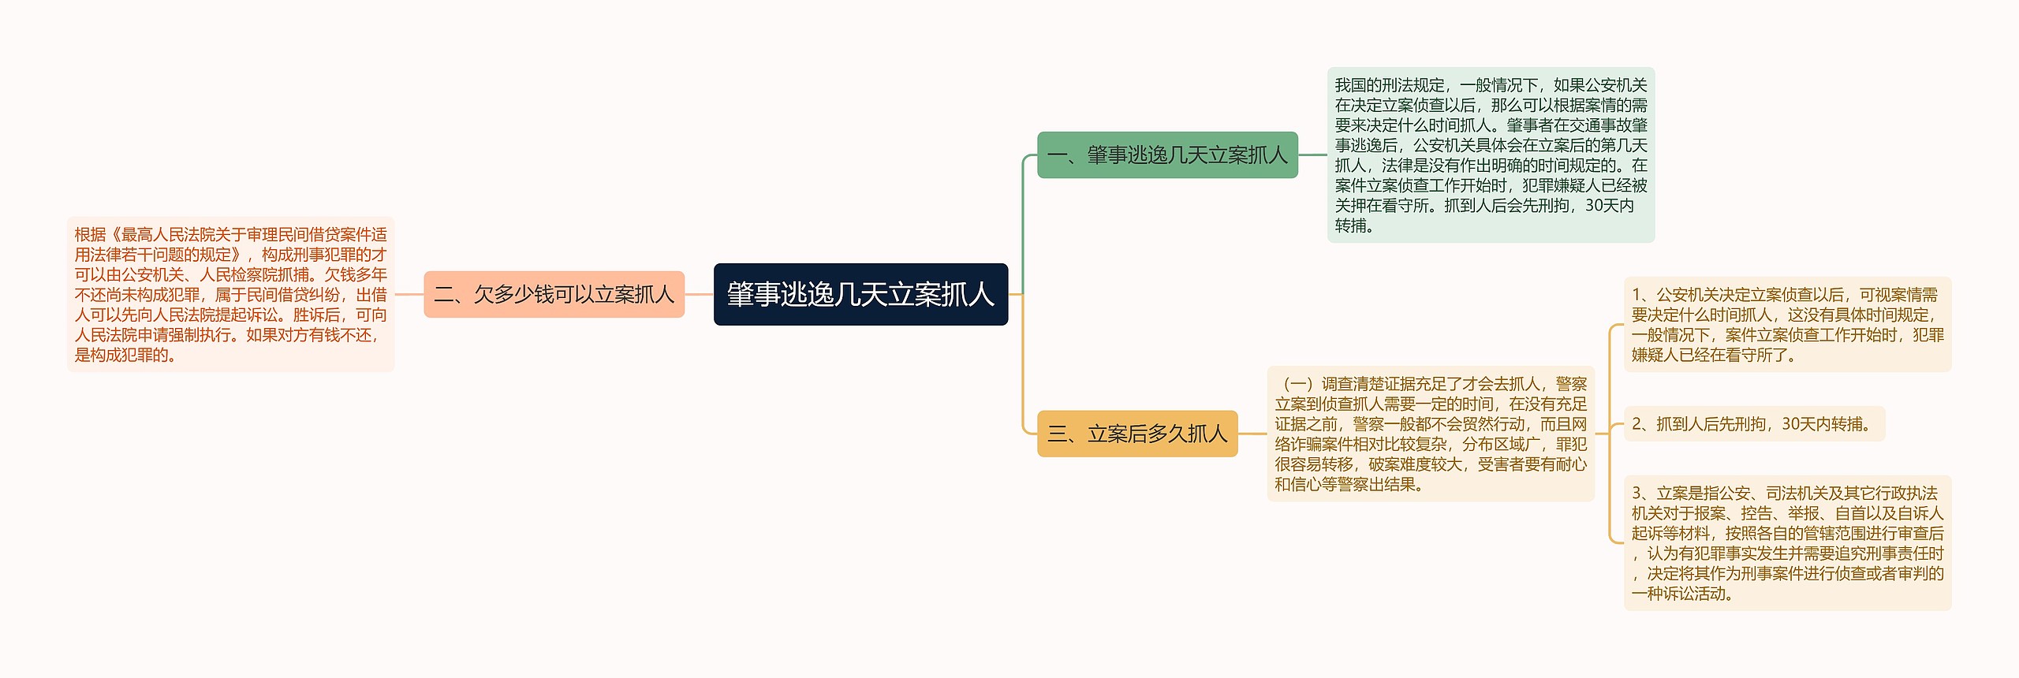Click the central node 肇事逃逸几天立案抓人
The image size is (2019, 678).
coord(860,294)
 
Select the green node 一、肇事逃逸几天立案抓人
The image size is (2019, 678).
coord(1167,155)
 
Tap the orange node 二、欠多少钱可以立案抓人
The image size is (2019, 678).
coord(554,294)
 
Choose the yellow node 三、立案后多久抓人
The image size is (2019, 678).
coord(1137,433)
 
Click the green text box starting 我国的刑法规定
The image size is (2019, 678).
coord(1491,155)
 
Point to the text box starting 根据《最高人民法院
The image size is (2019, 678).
coord(230,294)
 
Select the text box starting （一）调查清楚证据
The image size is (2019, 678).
coord(1431,434)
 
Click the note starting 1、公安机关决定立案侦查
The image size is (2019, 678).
coord(1787,324)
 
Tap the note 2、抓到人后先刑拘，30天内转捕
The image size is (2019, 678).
coord(1754,424)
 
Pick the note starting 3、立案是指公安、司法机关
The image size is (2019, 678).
coord(1787,542)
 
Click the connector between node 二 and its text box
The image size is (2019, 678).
coord(409,294)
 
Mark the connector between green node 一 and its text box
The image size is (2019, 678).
coord(1312,155)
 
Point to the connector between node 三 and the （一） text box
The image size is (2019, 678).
coord(1252,433)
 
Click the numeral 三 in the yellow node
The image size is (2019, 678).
coord(1057,434)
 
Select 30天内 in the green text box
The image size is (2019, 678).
coord(1609,206)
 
